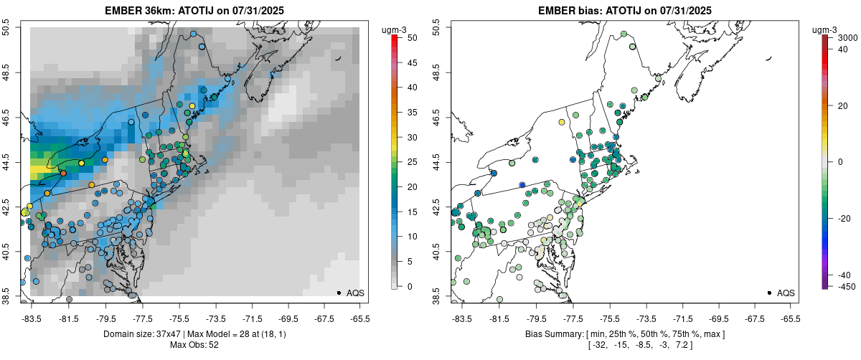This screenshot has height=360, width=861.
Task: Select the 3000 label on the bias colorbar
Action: tap(848, 37)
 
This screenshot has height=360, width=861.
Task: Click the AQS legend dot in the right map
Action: tap(768, 293)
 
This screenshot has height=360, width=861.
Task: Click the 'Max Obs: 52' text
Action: tap(194, 346)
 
